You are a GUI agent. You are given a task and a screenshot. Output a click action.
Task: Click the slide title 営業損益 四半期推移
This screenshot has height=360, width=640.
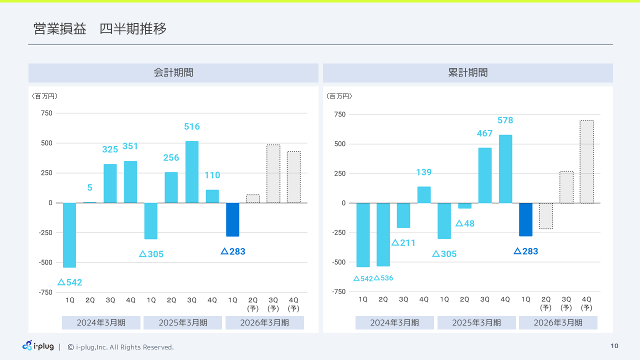(x=100, y=29)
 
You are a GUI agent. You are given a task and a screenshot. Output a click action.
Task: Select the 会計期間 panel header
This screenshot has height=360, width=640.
(x=173, y=73)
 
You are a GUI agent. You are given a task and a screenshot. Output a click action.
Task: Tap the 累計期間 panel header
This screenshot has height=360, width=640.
(x=467, y=73)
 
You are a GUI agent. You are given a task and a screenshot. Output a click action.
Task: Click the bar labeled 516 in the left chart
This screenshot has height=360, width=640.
(x=192, y=172)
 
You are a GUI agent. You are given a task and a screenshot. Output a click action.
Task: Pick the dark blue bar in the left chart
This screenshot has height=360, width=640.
(x=232, y=219)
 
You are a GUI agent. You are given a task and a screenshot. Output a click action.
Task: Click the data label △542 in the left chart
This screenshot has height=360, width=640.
(x=69, y=282)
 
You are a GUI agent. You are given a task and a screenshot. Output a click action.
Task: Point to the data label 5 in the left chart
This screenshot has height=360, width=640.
(x=89, y=188)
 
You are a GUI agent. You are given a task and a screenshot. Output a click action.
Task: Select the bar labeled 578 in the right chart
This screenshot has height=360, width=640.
(x=505, y=169)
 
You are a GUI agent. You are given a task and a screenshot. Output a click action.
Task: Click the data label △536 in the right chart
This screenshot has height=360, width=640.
(x=383, y=278)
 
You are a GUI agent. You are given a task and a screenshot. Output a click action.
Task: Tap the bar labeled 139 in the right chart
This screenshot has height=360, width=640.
(x=424, y=195)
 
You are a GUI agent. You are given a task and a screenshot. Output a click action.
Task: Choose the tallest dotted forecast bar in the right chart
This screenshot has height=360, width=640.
(x=586, y=161)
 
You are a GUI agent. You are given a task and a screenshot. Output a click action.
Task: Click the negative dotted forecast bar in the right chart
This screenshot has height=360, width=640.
(x=546, y=216)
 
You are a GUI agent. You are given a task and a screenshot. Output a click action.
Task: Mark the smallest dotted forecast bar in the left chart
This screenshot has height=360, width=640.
(x=253, y=199)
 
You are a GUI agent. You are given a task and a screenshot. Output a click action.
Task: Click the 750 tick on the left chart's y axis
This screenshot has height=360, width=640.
(x=46, y=113)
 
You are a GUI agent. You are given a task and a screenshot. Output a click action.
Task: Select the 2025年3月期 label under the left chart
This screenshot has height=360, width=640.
(x=182, y=323)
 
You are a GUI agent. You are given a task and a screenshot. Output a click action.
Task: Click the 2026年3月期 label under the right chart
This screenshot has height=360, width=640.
(x=558, y=323)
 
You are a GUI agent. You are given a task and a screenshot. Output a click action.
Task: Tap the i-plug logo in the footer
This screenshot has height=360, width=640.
(x=38, y=346)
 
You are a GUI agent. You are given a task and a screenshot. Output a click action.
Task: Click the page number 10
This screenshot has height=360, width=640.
(x=614, y=346)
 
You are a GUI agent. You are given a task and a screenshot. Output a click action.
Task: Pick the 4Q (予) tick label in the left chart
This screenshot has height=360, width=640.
(x=293, y=304)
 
